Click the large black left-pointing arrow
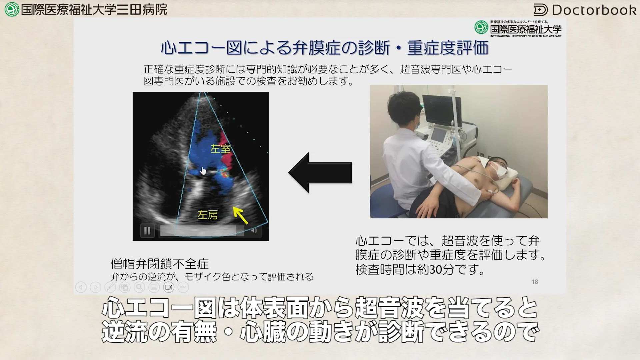tap(320, 172)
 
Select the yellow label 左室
tap(220, 149)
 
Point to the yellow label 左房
tap(208, 215)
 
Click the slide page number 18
tap(535, 282)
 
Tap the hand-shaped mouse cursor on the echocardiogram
tap(203, 171)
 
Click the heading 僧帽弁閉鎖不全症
tap(160, 264)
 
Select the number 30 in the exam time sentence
tap(436, 269)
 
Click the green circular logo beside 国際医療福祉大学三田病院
tap(12, 9)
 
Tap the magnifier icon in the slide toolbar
tap(139, 287)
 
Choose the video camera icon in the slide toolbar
tap(169, 287)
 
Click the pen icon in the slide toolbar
tap(110, 287)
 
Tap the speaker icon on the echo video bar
tap(254, 231)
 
